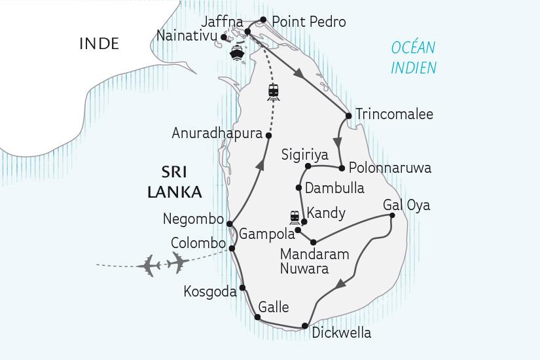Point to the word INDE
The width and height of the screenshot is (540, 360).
click(x=99, y=44)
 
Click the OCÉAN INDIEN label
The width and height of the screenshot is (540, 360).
click(x=413, y=58)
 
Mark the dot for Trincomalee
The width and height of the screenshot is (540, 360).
click(x=349, y=116)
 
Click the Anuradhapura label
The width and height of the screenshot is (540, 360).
click(x=217, y=134)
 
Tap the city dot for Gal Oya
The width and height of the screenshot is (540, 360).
click(x=391, y=215)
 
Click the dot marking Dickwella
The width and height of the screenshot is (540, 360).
click(x=305, y=326)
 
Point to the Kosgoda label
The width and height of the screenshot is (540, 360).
click(x=211, y=292)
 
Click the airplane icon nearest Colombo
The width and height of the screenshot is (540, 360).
click(x=177, y=262)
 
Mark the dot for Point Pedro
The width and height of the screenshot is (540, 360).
click(x=263, y=20)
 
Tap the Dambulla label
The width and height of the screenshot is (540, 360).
click(x=335, y=188)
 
